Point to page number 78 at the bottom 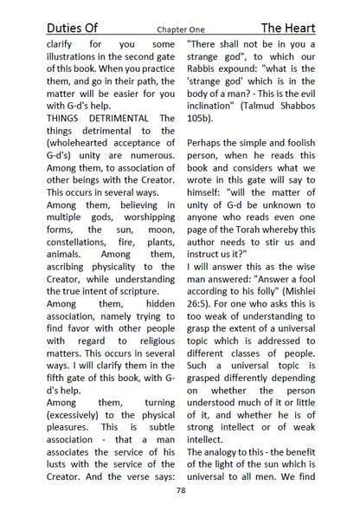pyautogui.click(x=180, y=489)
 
